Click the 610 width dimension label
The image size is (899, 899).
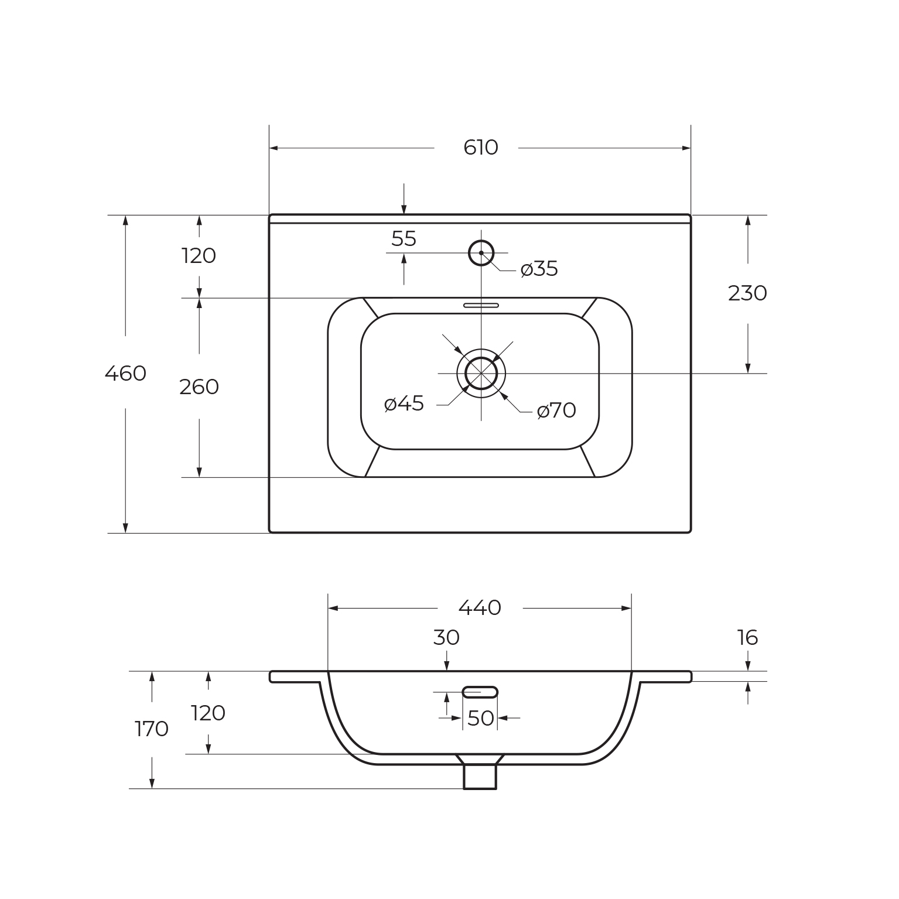(x=480, y=148)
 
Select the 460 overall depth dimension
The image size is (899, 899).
(x=125, y=373)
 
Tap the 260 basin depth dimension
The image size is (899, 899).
(x=199, y=387)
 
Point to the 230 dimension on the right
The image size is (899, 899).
(x=747, y=293)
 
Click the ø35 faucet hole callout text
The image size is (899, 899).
(x=539, y=269)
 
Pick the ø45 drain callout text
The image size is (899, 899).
(x=404, y=404)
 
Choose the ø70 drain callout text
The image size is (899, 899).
(x=556, y=411)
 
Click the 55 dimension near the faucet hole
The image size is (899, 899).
(x=404, y=239)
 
